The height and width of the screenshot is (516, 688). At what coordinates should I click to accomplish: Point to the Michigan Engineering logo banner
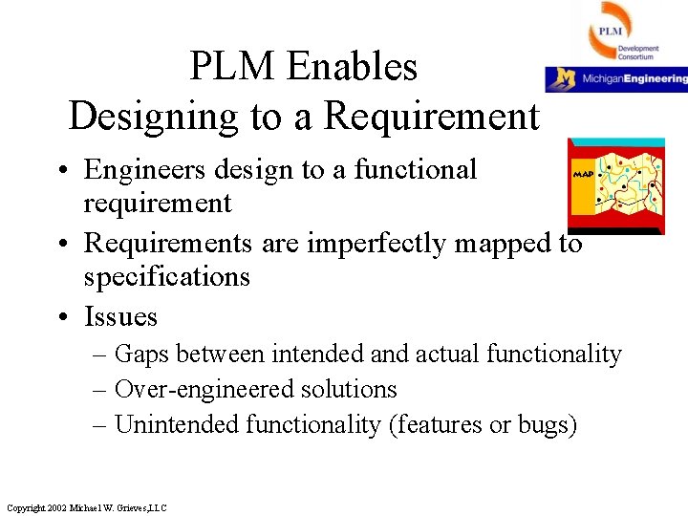pos(616,78)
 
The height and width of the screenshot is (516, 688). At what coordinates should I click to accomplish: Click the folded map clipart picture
pos(615,185)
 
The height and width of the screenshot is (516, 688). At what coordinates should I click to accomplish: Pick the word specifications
pos(166,277)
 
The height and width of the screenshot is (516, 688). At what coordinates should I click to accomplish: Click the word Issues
pos(120,316)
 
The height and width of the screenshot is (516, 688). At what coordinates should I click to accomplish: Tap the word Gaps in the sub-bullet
pos(142,355)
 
